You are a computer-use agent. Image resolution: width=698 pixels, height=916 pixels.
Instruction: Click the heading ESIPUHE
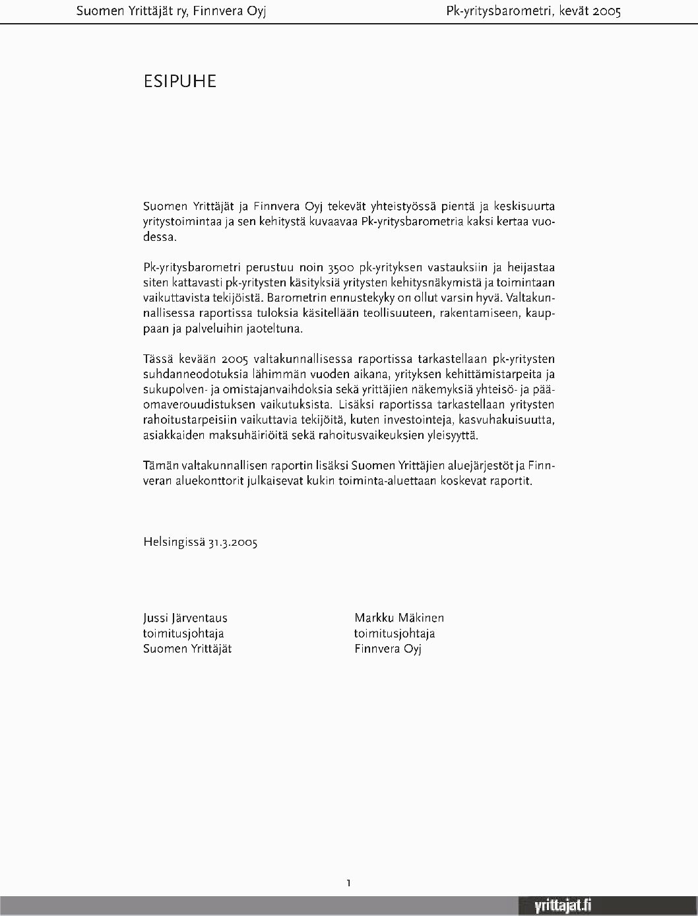(179, 81)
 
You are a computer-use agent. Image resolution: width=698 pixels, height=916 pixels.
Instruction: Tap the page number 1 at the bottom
(348, 882)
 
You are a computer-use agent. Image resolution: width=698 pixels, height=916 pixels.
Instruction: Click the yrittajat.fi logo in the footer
(562, 906)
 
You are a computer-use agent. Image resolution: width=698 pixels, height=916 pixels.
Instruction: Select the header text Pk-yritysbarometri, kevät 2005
(533, 11)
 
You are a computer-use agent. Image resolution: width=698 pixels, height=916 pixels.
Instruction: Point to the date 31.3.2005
(233, 542)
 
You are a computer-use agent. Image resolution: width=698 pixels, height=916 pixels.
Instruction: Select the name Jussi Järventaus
(185, 618)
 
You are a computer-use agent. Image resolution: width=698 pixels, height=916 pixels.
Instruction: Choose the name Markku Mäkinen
(399, 618)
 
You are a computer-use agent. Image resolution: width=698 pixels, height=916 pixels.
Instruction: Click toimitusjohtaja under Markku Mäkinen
(395, 634)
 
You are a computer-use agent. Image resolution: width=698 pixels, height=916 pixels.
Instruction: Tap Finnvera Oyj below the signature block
(387, 649)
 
